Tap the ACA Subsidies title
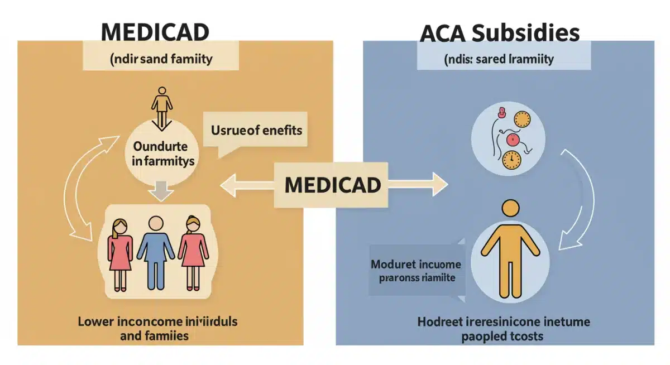[500, 34]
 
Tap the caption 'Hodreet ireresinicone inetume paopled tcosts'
[504, 329]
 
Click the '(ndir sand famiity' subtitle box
[161, 59]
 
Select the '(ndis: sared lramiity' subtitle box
[504, 59]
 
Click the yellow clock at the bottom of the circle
[510, 159]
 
